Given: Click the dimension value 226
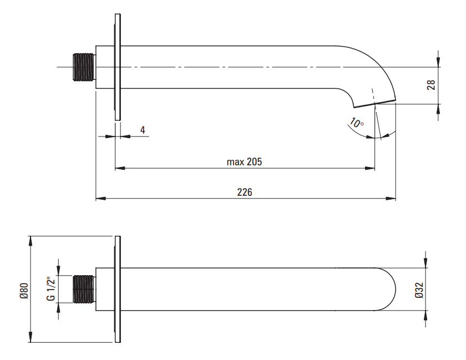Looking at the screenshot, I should coord(245,192).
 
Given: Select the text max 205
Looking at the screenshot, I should coord(244,162).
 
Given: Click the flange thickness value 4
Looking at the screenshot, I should coord(143,130).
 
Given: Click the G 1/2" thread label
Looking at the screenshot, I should coord(50,289).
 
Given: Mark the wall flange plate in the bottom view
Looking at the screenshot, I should coord(117,289).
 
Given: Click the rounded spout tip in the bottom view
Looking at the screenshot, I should coord(391,289).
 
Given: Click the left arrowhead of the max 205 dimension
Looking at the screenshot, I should coord(118,168).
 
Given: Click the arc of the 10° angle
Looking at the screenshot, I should coord(387,135).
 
